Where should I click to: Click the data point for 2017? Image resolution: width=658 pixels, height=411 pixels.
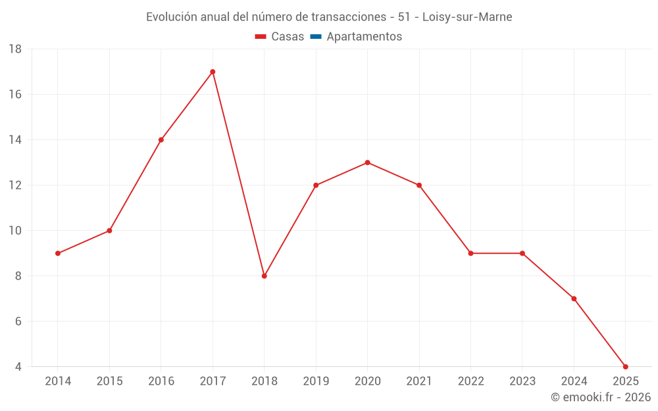(213, 72)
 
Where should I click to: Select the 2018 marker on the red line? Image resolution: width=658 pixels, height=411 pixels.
(264, 276)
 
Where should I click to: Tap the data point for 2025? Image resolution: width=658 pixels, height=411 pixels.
(625, 367)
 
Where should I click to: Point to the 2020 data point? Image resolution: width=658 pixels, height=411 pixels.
(367, 162)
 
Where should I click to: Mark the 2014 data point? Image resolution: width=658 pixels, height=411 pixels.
(58, 253)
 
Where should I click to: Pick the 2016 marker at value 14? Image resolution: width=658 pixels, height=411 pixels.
(161, 140)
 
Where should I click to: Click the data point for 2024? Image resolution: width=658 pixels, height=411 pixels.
(574, 299)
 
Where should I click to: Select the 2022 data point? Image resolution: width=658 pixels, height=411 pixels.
(470, 253)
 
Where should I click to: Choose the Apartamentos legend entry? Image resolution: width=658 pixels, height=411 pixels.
(364, 37)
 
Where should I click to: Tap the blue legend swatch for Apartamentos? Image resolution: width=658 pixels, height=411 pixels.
(316, 37)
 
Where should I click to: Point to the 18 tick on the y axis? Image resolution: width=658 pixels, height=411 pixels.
(15, 49)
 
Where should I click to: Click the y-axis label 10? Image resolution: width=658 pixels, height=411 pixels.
(15, 231)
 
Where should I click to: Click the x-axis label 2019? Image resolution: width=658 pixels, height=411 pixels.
(316, 381)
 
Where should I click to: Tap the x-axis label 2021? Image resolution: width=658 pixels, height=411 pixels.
(419, 381)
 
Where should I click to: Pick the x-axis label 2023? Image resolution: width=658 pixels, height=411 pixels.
(522, 381)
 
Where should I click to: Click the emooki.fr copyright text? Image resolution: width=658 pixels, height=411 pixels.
(601, 397)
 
